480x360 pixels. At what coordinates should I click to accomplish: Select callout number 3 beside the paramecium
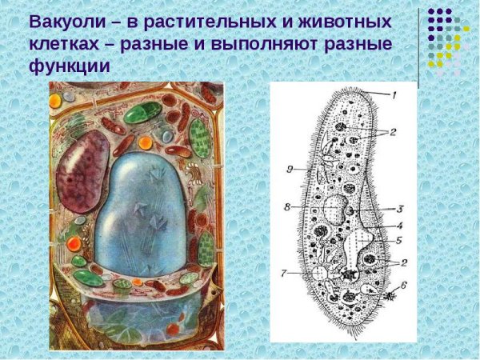point(400,208)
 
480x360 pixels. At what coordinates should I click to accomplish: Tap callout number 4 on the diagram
point(400,225)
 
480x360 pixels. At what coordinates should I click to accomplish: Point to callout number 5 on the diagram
point(401,238)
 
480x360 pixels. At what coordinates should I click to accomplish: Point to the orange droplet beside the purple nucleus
point(145,143)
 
